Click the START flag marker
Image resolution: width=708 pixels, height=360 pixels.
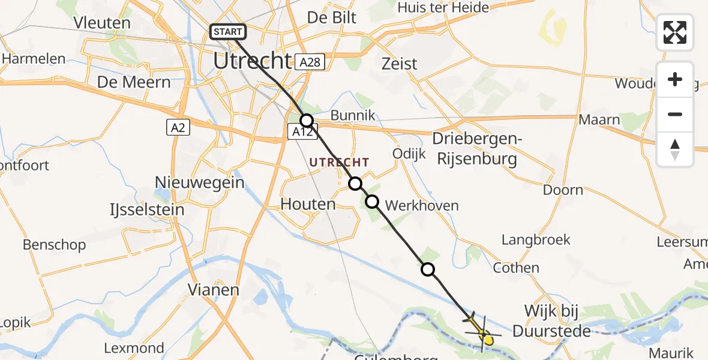[x=227, y=32]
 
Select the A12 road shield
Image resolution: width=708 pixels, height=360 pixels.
[x=301, y=132]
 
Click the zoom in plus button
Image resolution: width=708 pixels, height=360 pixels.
[x=675, y=79]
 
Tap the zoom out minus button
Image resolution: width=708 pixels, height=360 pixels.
[x=675, y=114]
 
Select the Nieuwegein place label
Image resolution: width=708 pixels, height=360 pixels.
[x=200, y=182]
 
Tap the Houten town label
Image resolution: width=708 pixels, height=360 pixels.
[x=308, y=204]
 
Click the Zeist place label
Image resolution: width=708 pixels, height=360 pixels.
[x=399, y=63]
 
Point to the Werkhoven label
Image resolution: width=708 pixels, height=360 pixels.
[x=422, y=206]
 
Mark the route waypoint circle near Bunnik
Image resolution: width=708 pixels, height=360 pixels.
[x=307, y=120]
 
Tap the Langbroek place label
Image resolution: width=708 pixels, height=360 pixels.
[x=536, y=240]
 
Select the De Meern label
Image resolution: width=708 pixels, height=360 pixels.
[x=135, y=82]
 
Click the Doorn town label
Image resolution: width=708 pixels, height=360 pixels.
[x=563, y=190]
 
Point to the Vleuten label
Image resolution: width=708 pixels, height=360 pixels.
[x=102, y=23]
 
